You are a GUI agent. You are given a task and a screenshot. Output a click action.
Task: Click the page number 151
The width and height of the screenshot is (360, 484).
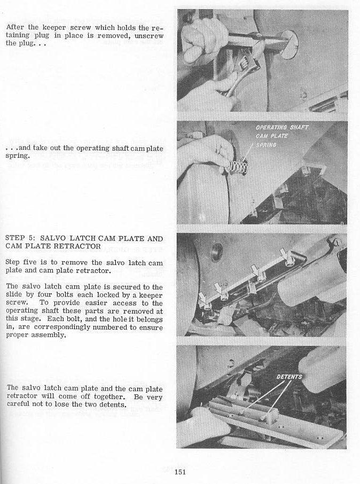[180, 471]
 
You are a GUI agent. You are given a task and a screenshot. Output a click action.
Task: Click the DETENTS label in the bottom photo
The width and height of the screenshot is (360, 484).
[289, 377]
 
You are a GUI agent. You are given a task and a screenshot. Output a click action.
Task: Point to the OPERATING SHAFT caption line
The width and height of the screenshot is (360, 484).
[281, 128]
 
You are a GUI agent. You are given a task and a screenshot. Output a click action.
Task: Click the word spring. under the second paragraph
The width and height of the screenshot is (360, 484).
[17, 157]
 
